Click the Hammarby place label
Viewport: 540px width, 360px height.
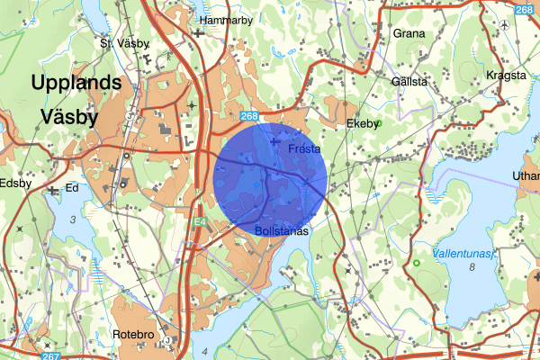(227, 19)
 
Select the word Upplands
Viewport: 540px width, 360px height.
(76, 82)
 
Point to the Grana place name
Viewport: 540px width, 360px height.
(409, 34)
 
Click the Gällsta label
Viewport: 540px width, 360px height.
(409, 82)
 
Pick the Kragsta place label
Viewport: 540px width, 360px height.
(505, 76)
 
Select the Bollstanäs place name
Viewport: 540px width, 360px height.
(282, 231)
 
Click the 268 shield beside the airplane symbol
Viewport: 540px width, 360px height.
(525, 10)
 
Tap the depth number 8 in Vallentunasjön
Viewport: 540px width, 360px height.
(471, 268)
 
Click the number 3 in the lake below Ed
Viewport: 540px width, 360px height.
(71, 220)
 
